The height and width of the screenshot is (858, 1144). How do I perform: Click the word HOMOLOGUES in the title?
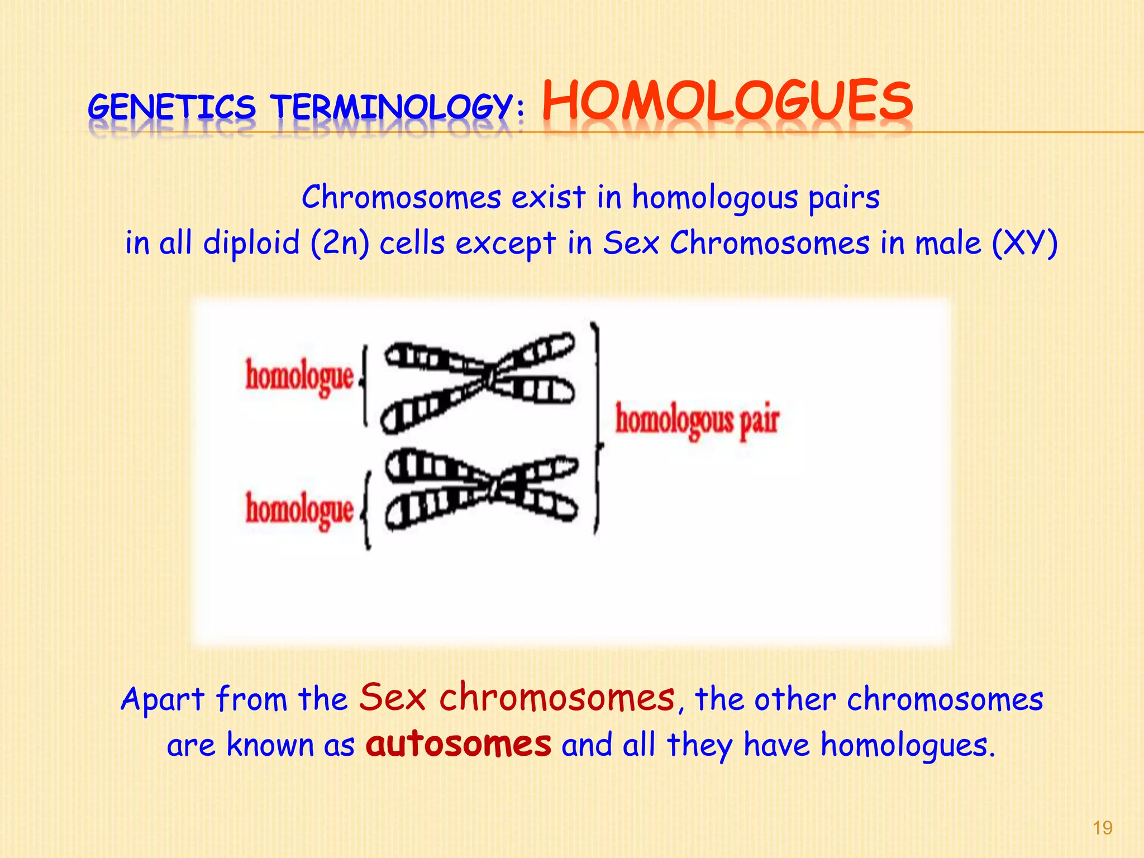727,102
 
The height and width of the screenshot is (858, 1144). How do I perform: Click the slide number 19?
1102,827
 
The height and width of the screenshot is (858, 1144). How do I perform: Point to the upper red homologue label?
299,376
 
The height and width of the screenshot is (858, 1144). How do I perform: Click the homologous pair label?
697,420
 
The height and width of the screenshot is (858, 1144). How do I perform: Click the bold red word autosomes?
458,744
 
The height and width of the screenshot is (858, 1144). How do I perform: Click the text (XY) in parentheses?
1024,244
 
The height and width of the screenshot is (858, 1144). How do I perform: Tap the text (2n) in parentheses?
340,244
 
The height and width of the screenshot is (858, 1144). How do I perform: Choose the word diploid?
251,244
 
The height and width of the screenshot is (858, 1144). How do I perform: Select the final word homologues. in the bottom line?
908,746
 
